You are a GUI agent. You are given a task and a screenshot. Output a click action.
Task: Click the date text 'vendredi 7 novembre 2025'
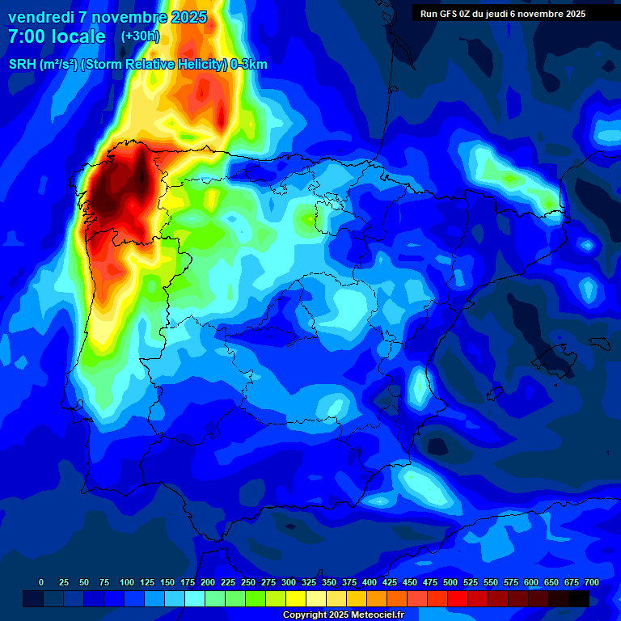(108, 17)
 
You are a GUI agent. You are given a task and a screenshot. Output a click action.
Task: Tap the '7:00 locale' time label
(57, 36)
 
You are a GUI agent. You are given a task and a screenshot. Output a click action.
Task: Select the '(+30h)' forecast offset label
(141, 36)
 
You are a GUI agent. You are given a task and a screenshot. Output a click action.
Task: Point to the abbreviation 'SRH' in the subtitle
(23, 65)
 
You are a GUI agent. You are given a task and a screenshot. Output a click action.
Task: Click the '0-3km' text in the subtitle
(249, 65)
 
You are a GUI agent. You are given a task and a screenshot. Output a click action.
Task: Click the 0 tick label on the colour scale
(41, 583)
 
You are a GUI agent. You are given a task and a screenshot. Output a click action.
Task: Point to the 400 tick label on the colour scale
(370, 583)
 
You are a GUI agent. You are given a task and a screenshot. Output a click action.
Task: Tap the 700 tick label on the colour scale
(592, 583)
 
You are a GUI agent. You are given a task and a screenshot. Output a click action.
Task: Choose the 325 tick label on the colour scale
(309, 583)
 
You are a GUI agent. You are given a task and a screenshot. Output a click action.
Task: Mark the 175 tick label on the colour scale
(188, 583)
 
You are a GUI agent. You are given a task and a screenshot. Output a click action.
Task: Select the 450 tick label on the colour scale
(410, 583)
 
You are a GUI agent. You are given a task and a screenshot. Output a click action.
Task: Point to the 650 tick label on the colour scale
(551, 583)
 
